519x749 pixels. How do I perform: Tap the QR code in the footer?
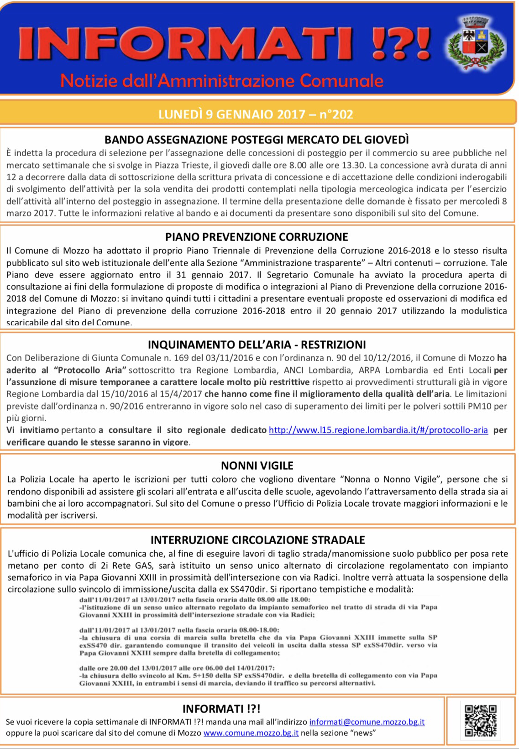click(480, 720)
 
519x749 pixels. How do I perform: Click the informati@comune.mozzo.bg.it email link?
click(367, 722)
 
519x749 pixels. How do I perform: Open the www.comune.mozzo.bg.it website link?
click(251, 733)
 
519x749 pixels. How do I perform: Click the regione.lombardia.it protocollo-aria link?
click(378, 430)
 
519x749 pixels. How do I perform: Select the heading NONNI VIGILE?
click(257, 466)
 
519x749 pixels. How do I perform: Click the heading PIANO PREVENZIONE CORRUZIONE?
click(257, 237)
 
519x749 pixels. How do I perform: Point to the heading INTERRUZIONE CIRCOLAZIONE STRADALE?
click(257, 540)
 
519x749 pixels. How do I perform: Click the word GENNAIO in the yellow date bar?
click(244, 114)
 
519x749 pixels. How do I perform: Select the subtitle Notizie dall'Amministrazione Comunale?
click(222, 81)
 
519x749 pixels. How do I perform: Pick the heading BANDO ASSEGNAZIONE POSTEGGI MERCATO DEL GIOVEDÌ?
click(257, 139)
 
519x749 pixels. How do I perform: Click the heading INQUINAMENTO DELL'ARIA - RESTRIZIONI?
click(257, 345)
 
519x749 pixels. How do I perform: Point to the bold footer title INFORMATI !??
click(221, 709)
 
